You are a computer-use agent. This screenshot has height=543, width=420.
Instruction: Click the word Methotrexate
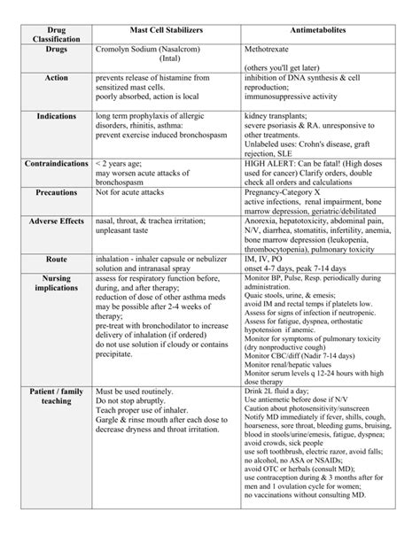[273, 52]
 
